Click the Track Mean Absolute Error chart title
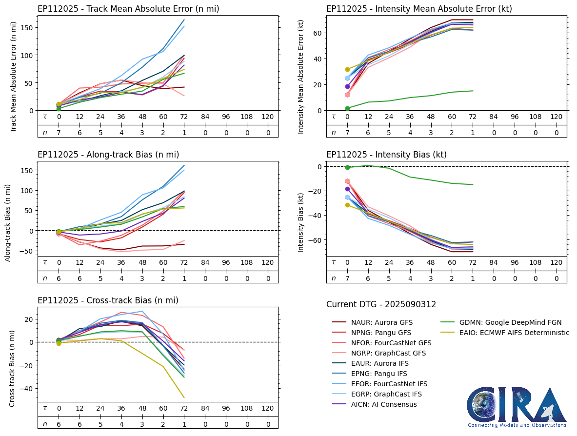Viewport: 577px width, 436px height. click(x=128, y=9)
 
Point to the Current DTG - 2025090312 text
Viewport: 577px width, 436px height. click(x=381, y=305)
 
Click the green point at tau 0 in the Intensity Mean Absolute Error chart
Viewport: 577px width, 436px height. click(x=347, y=108)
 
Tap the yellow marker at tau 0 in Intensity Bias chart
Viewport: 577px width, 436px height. click(x=347, y=205)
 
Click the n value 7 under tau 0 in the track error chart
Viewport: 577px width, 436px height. click(x=59, y=132)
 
